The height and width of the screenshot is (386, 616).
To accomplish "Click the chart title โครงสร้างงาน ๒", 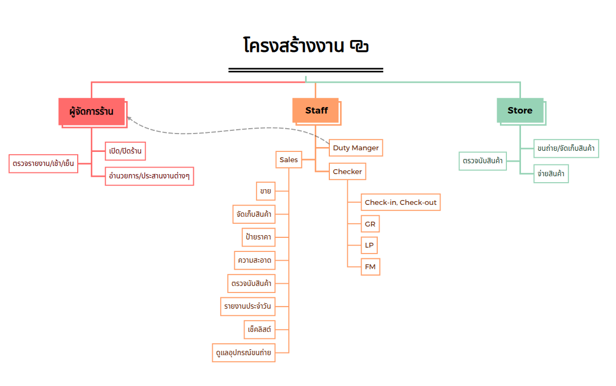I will [306, 46].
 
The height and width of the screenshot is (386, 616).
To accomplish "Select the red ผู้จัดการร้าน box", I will [91, 111].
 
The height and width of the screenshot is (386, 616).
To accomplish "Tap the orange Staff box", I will [316, 110].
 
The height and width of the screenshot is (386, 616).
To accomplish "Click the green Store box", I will [519, 110].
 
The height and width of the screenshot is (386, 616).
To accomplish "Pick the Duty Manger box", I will [356, 148].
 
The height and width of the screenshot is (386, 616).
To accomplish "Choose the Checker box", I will [347, 172].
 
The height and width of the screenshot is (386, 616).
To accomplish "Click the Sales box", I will [289, 160].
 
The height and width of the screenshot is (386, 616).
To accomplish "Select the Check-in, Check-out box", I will [401, 202].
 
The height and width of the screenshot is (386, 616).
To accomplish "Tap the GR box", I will [370, 224].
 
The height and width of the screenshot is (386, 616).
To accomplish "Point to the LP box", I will [369, 245].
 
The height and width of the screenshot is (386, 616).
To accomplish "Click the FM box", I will [370, 267].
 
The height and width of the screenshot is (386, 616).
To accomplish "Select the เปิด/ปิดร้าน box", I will [125, 151].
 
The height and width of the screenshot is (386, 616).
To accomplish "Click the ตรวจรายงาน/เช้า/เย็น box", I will [44, 163].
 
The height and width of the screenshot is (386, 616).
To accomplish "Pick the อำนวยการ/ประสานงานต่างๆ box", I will [150, 176].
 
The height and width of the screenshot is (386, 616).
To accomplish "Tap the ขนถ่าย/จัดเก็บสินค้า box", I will [566, 148].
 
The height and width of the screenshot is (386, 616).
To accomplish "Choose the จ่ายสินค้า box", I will [551, 174].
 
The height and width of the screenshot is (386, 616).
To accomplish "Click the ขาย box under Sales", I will [265, 191].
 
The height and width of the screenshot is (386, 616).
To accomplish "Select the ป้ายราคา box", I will [259, 237].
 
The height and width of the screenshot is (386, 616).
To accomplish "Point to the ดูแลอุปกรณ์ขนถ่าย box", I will [244, 352].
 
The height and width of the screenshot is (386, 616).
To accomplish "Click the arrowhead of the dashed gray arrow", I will [129, 117].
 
